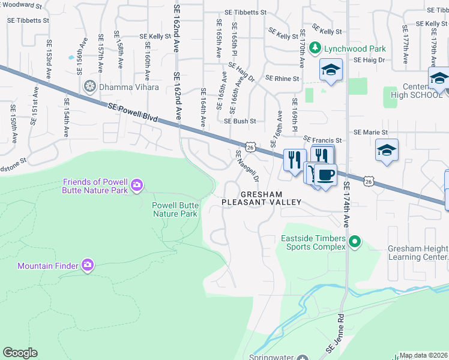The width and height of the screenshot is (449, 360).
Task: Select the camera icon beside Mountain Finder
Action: (x=88, y=265)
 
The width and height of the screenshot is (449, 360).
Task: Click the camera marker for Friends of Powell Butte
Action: (x=137, y=185)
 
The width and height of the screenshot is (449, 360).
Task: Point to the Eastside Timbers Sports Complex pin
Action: (x=355, y=242)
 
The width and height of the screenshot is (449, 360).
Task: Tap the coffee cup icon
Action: (x=325, y=175)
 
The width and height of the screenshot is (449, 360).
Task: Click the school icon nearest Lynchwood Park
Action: (x=330, y=70)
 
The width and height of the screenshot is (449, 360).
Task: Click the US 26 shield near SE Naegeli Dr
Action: (x=250, y=146)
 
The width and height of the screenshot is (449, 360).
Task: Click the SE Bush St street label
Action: (x=240, y=121)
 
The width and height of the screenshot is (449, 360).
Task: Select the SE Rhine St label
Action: (x=282, y=79)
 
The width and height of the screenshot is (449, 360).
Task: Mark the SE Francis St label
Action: (x=322, y=140)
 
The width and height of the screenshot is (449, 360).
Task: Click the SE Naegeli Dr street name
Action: (x=247, y=166)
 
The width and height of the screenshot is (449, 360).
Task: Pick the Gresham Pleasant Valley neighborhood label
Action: (x=261, y=199)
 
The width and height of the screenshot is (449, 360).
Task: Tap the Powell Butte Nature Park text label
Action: (x=174, y=209)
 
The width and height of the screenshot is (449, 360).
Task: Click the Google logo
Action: (x=20, y=353)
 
